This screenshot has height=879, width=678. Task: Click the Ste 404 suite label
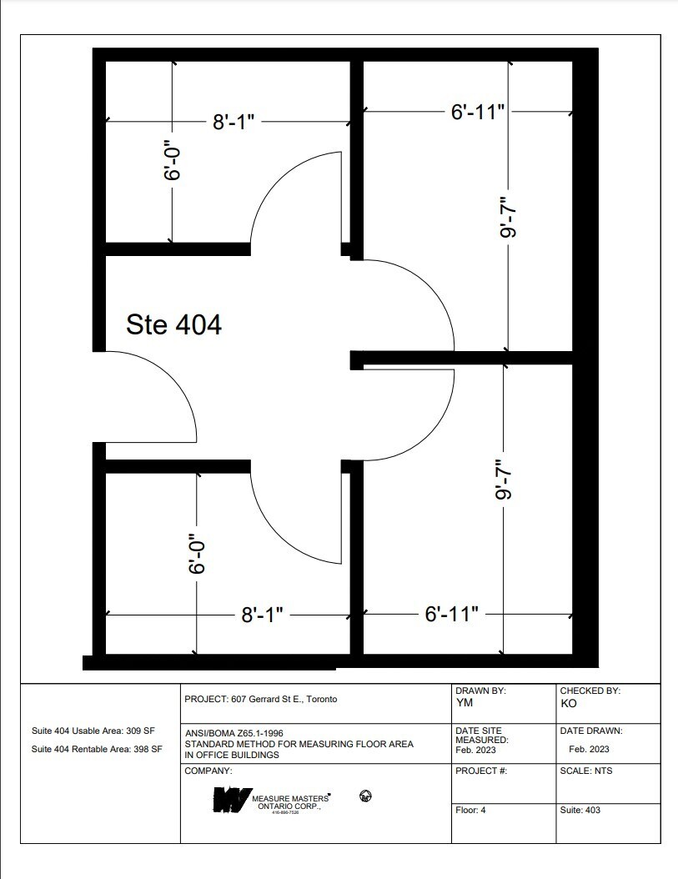tap(173, 324)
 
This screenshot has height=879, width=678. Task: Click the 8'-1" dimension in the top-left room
tap(233, 123)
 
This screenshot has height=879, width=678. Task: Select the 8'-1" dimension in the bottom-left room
tap(262, 615)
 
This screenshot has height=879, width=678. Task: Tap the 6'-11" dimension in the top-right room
tap(478, 111)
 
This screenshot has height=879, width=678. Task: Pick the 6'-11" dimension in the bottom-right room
tap(451, 615)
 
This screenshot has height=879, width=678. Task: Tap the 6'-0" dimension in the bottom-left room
tap(197, 554)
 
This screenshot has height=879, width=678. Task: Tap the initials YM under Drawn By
tap(465, 703)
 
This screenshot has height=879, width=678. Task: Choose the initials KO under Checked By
tap(568, 703)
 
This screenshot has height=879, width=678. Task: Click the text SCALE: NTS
tap(585, 771)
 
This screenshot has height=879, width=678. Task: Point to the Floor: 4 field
tap(470, 810)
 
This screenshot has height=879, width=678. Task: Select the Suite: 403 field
tap(580, 810)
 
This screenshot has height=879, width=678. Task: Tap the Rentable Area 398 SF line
tap(96, 749)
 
